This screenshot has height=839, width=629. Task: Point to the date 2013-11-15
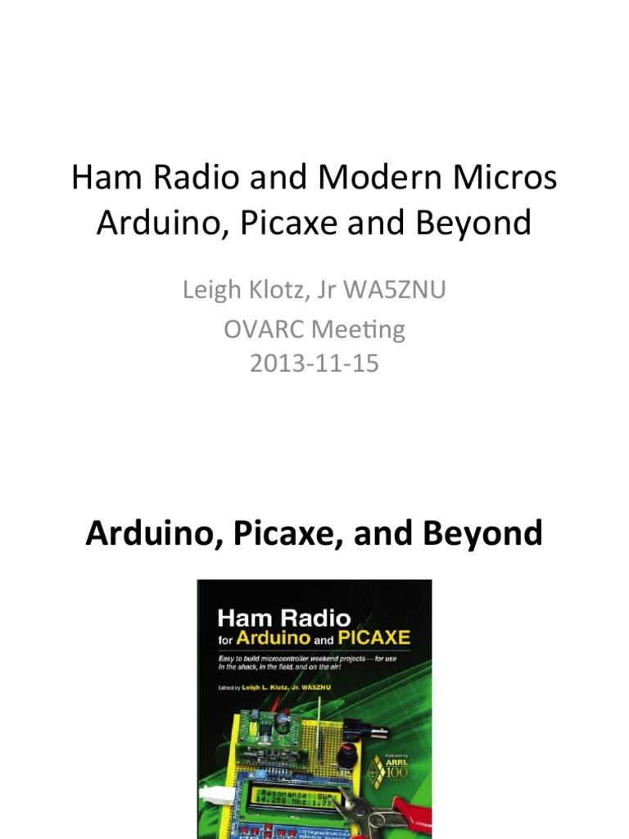(314, 363)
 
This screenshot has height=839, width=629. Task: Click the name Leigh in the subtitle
(213, 289)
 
